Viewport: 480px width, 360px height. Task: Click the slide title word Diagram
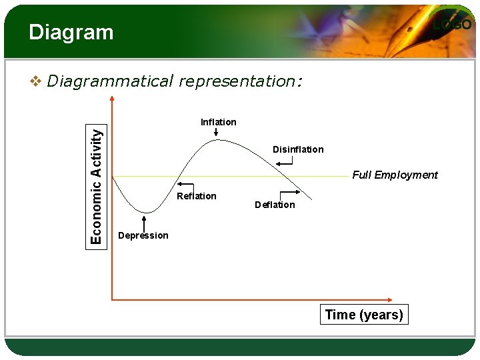[x=71, y=32]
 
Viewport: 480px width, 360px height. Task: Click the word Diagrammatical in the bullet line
[x=110, y=81]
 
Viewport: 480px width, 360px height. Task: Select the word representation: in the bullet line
[x=240, y=81]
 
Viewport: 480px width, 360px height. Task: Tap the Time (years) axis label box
[x=364, y=315]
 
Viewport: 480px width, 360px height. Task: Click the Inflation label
[x=219, y=122]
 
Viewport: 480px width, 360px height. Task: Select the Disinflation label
[x=298, y=149]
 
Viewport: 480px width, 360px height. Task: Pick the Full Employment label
[x=395, y=175]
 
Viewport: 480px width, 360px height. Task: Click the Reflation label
[x=197, y=196]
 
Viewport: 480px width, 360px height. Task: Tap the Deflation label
[x=275, y=205]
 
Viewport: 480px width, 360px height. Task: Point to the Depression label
[x=143, y=235]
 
